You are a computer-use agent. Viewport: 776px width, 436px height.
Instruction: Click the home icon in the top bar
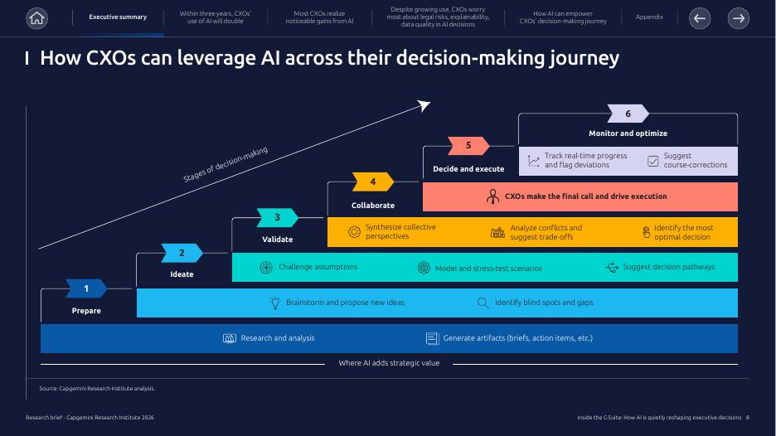pyautogui.click(x=36, y=17)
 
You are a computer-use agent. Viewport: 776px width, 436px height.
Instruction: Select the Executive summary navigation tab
pyautogui.click(x=118, y=17)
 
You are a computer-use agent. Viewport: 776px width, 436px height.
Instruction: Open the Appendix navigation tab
pyautogui.click(x=649, y=17)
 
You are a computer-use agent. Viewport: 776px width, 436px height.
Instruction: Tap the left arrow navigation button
pyautogui.click(x=700, y=17)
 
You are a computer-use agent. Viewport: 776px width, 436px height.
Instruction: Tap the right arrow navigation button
pyautogui.click(x=738, y=17)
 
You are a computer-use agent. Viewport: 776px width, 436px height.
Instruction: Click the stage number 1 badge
pyautogui.click(x=86, y=288)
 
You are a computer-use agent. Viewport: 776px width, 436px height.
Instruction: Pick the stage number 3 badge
pyautogui.click(x=277, y=217)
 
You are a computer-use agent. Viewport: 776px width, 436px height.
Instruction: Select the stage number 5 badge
pyautogui.click(x=468, y=146)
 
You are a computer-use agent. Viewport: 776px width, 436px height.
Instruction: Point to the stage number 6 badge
pyautogui.click(x=628, y=114)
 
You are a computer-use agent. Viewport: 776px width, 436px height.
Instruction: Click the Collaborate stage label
pyautogui.click(x=373, y=205)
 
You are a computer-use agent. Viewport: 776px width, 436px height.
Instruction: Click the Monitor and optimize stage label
pyautogui.click(x=628, y=133)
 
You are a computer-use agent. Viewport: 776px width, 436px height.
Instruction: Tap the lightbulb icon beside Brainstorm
pyautogui.click(x=275, y=303)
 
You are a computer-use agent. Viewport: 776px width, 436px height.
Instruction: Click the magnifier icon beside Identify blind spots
pyautogui.click(x=483, y=303)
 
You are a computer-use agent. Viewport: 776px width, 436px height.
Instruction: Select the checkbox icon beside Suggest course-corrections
pyautogui.click(x=652, y=161)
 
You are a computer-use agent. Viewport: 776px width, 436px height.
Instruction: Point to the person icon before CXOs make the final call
pyautogui.click(x=492, y=196)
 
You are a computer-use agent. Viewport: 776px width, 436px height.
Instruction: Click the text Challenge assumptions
pyautogui.click(x=318, y=267)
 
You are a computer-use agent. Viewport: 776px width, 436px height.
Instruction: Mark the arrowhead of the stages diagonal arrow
pyautogui.click(x=424, y=104)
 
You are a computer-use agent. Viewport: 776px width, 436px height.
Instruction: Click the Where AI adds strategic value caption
pyautogui.click(x=389, y=363)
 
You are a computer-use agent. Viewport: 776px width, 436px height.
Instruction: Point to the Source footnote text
pyautogui.click(x=97, y=388)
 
